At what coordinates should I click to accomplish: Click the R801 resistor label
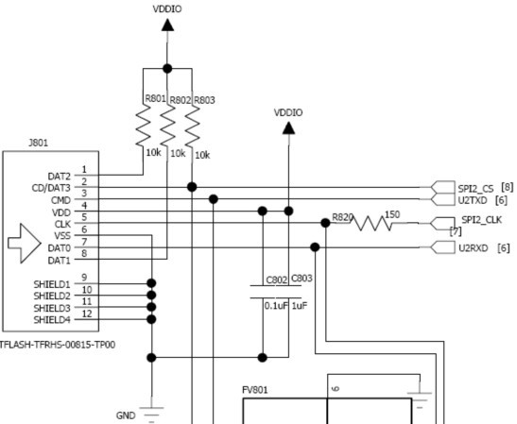155,98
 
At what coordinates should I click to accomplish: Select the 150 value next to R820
392,214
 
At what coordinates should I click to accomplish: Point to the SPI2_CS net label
475,189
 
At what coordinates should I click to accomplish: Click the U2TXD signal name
473,200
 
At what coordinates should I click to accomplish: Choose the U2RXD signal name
474,247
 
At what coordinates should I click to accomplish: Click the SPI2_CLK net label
481,220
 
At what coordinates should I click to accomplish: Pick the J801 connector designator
39,143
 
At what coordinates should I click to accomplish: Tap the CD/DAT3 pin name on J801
51,188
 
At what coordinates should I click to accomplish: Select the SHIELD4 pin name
52,320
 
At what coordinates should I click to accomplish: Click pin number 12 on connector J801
87,314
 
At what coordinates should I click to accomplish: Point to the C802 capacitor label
277,280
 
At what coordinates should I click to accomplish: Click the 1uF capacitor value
300,306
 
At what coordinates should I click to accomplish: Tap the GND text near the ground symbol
126,416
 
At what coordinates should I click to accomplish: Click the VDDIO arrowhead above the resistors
167,25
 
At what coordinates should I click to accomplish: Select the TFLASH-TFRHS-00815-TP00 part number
58,345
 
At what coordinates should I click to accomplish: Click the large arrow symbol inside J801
25,244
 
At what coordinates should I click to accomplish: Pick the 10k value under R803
202,155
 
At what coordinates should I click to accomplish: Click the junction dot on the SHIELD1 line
151,283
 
